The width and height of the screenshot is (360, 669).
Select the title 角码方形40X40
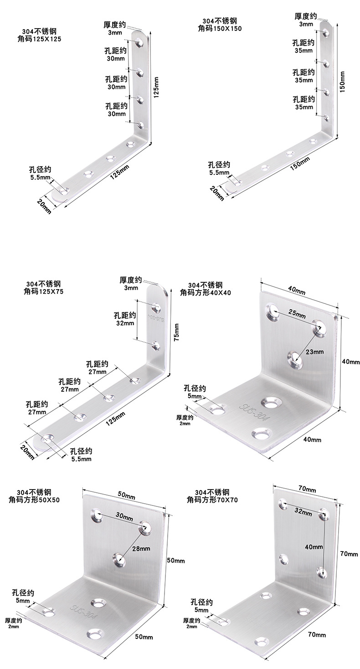click(206, 293)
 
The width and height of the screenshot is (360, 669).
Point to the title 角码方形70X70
click(212, 500)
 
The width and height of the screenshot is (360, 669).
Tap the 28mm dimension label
click(141, 548)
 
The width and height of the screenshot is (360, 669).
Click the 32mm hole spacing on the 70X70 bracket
click(303, 513)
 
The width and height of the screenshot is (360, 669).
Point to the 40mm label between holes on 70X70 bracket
click(314, 547)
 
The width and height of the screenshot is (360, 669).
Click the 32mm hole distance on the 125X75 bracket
click(125, 323)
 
